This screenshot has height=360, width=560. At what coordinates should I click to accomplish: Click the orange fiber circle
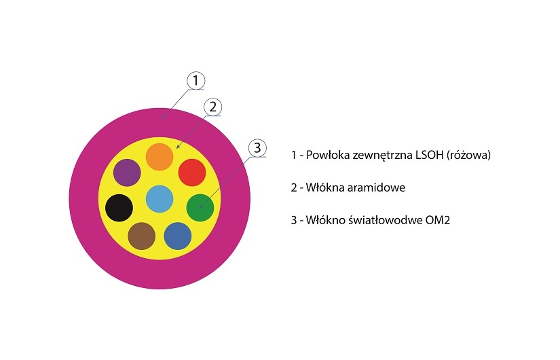click(x=160, y=157)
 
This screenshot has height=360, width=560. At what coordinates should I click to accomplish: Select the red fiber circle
click(x=192, y=173)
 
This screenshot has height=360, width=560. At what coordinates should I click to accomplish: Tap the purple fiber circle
click(x=127, y=173)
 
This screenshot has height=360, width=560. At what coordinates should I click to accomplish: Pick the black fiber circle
click(x=119, y=208)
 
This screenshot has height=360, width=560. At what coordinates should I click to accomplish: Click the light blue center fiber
click(x=160, y=199)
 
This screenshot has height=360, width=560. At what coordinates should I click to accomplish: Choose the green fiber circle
click(x=200, y=208)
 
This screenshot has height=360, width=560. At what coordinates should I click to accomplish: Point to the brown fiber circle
click(x=142, y=236)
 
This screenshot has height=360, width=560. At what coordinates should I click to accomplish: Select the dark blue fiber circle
click(x=178, y=236)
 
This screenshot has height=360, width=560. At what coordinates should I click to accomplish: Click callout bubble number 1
click(x=195, y=80)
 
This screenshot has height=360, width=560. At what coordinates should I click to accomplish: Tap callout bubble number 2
click(x=213, y=107)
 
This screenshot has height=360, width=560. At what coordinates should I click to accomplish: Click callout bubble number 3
click(x=257, y=148)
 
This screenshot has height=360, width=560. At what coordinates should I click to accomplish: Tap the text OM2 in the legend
click(x=438, y=220)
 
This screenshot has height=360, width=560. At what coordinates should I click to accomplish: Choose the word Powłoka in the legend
click(x=328, y=155)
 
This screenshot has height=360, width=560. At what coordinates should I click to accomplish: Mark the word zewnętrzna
click(x=382, y=156)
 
